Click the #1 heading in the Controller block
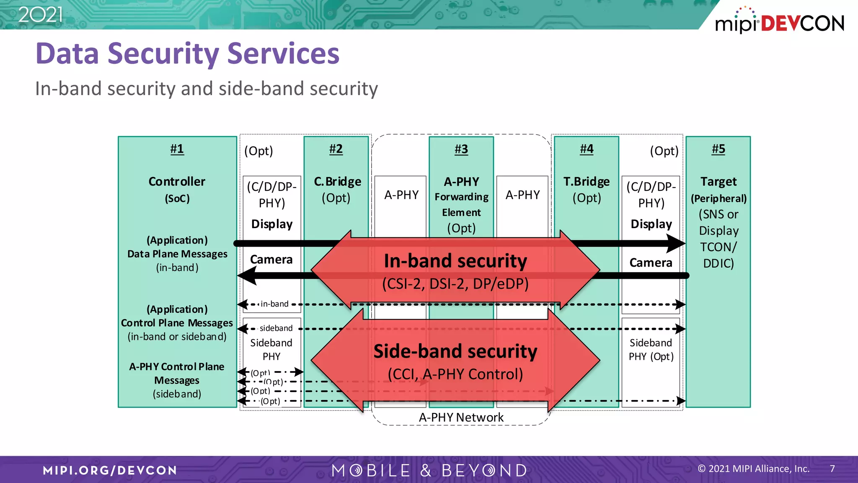tap(177, 149)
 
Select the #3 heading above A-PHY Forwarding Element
tap(461, 149)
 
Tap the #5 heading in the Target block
tap(718, 149)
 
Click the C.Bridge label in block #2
tap(337, 182)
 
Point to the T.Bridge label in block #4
tap(586, 182)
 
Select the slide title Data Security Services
tap(187, 54)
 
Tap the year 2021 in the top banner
tap(40, 15)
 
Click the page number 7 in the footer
tap(832, 469)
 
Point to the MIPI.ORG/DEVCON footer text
tap(110, 470)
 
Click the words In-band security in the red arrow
tap(455, 261)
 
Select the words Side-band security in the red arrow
tap(455, 351)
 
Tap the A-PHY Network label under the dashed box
tap(461, 417)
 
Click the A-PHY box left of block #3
tap(401, 195)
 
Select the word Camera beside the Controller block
tap(271, 260)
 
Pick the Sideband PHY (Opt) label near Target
tap(651, 350)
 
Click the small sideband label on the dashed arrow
tap(276, 328)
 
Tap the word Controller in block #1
tap(177, 182)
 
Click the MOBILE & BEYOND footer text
tap(429, 470)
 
